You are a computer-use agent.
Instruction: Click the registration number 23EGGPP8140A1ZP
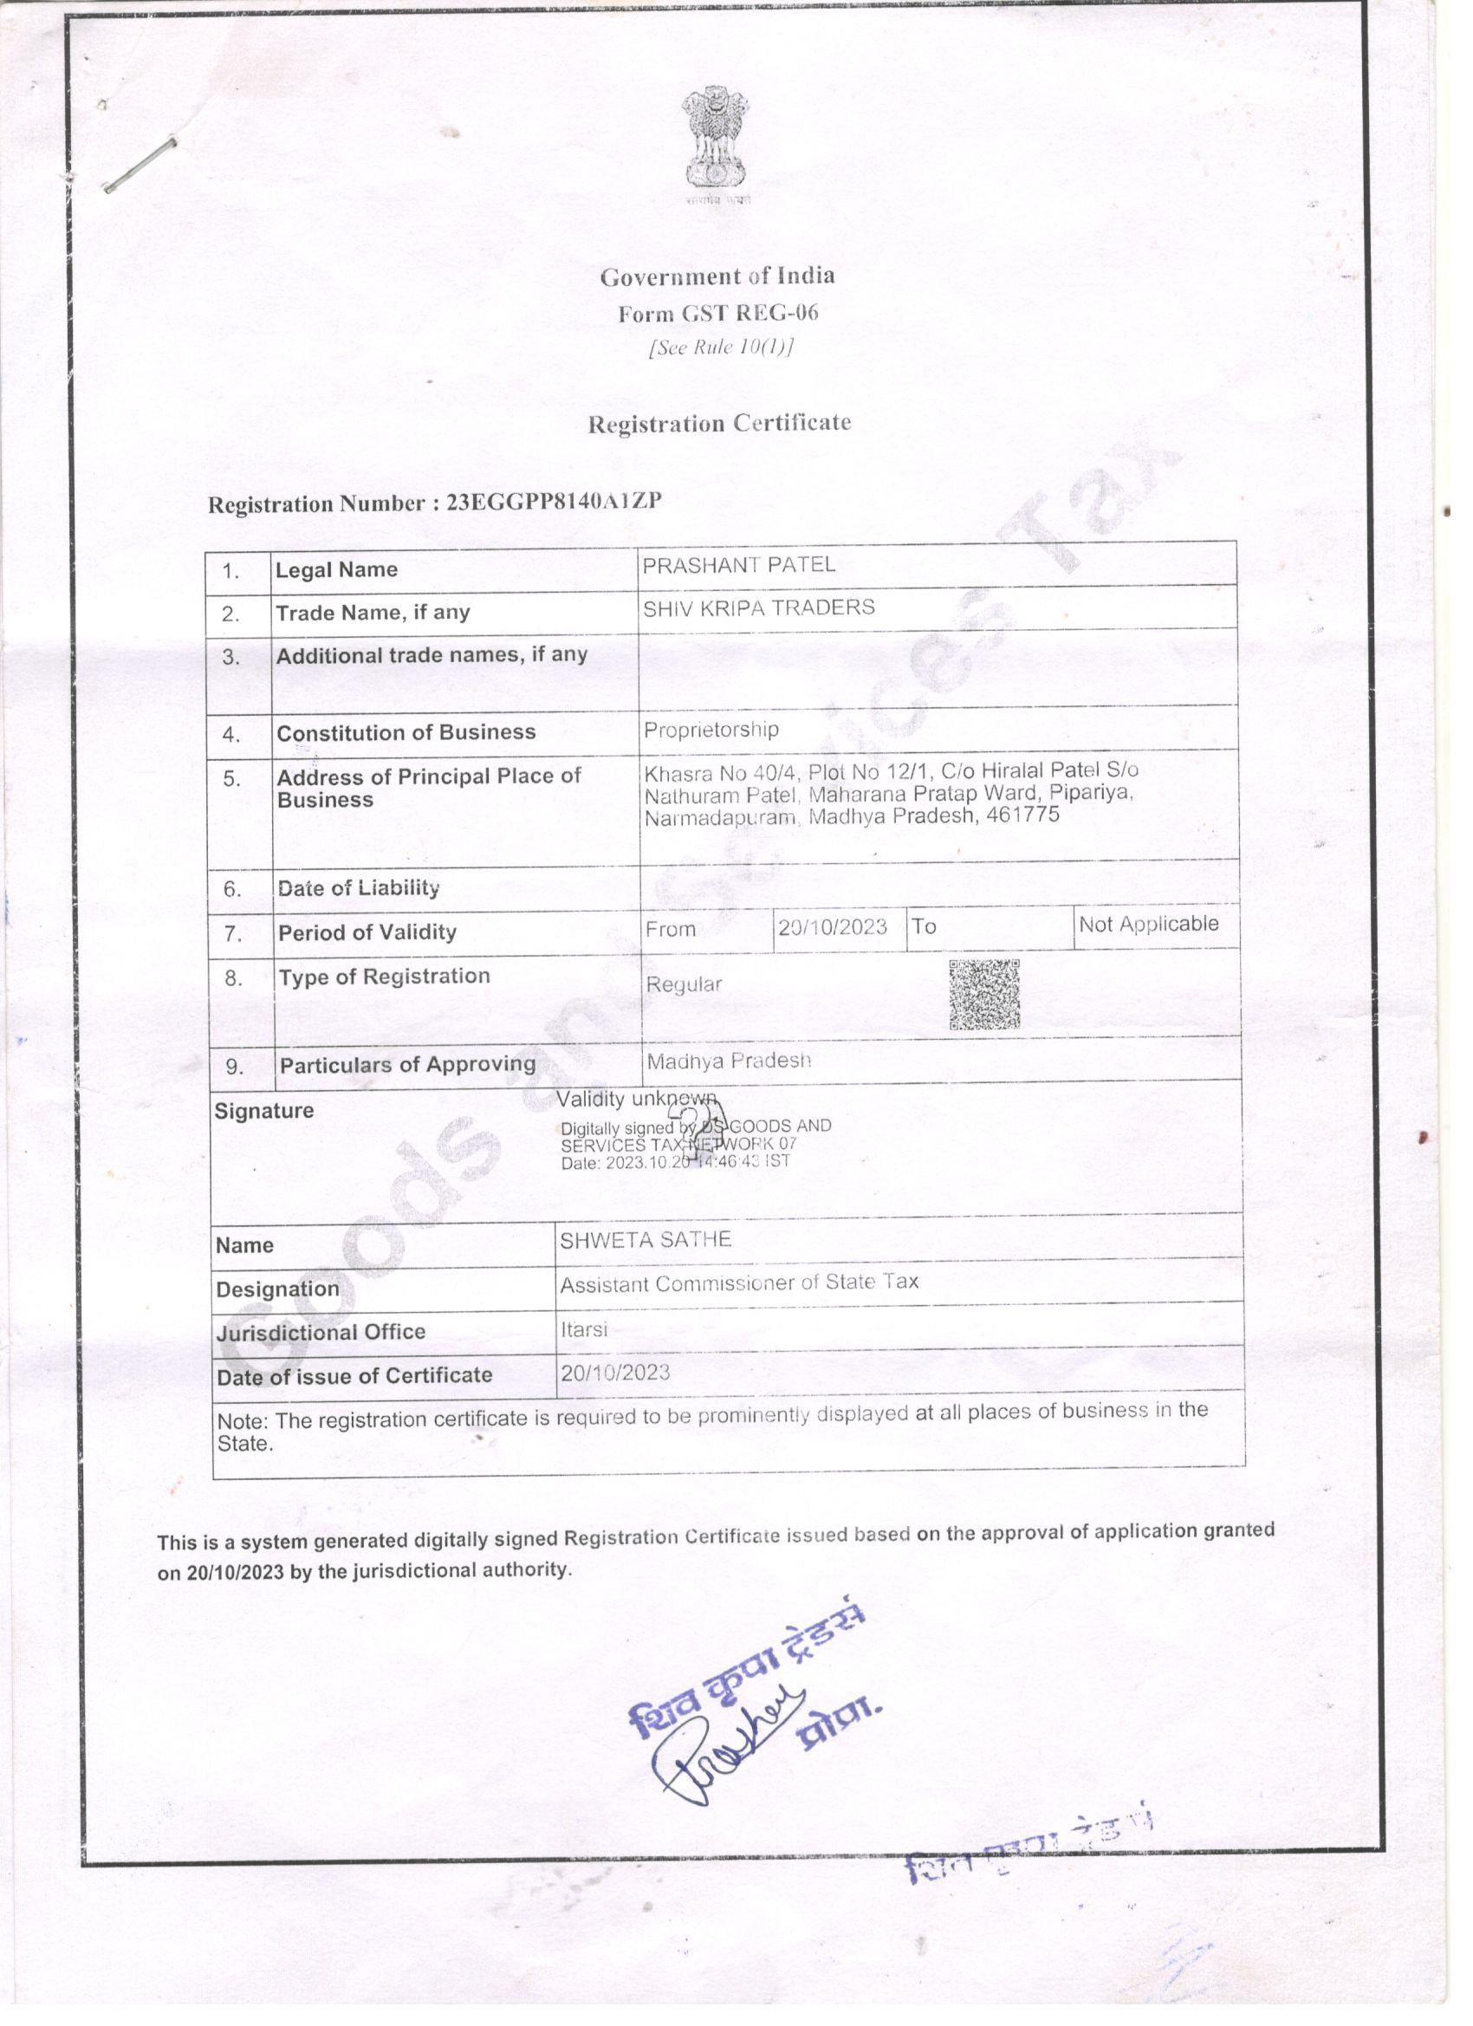pos(554,501)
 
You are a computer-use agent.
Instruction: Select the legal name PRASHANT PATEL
pos(739,565)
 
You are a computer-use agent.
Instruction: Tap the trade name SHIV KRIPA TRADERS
pos(758,607)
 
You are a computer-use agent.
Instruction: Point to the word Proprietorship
pos(711,730)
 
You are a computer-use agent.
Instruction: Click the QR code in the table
pos(983,994)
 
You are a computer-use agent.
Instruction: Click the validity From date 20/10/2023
pos(832,927)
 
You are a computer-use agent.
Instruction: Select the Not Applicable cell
pos(1148,924)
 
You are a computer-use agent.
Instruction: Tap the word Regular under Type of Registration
pos(684,984)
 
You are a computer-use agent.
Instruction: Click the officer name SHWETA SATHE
pos(645,1240)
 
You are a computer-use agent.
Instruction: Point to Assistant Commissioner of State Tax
pos(739,1282)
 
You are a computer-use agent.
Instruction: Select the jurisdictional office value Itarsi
pos(583,1329)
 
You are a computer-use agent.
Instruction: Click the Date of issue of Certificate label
pos(354,1376)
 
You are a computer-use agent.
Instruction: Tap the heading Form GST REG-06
pos(717,313)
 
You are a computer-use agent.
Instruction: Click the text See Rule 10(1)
pos(720,347)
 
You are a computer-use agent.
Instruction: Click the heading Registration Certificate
pos(719,424)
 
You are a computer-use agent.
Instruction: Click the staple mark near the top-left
pos(140,165)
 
